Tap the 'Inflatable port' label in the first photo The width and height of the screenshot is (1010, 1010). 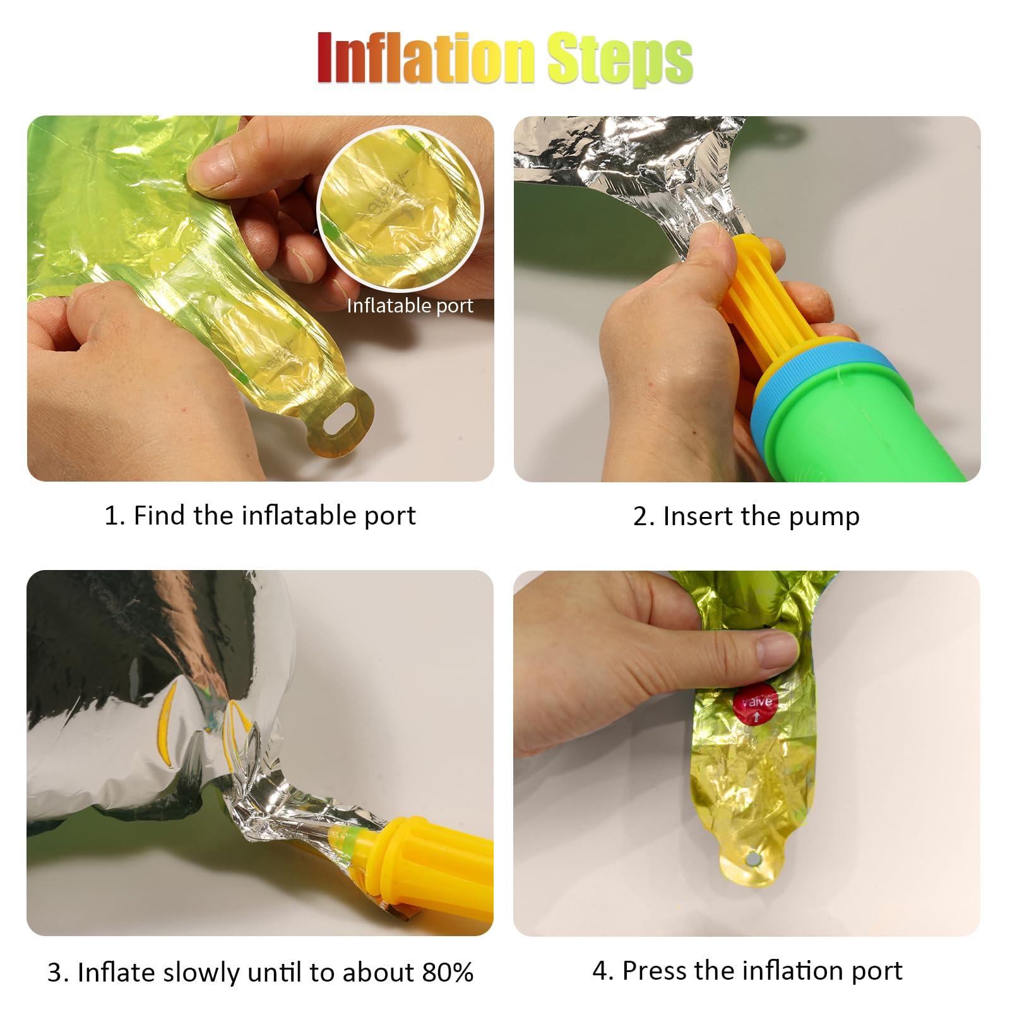pyautogui.click(x=410, y=306)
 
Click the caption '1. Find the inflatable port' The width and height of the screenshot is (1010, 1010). pyautogui.click(x=260, y=515)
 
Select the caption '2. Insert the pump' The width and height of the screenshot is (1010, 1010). pyautogui.click(x=746, y=516)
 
